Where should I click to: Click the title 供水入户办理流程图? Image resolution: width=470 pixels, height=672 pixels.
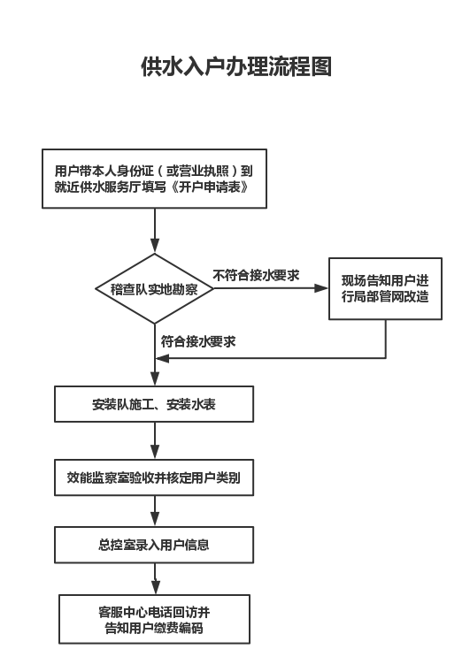pos(236,66)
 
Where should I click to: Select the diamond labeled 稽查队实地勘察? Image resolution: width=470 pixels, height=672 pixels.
pos(155,288)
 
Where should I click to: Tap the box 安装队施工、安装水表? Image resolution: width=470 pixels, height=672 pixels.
pos(154,404)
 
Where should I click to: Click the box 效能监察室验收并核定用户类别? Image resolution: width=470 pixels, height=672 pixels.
pos(154,477)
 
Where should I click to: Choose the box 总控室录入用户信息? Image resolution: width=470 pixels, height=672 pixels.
pos(154,545)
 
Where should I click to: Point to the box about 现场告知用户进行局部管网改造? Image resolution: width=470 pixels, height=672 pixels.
pos(385,288)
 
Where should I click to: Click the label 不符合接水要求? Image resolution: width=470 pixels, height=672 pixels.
pos(256,275)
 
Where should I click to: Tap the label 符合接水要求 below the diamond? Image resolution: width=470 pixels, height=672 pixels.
pos(198,341)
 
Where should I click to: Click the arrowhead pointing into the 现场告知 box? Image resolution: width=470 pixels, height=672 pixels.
pos(321,288)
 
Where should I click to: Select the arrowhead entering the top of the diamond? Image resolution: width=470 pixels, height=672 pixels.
pos(155,246)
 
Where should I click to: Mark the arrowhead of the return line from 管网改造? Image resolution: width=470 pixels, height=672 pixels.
pos(163,358)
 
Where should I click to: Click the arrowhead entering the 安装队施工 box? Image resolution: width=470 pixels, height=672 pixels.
pos(155,378)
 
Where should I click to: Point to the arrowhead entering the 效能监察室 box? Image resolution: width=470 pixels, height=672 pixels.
pos(155,452)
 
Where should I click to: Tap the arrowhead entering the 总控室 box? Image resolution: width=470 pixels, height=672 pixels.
pos(155,519)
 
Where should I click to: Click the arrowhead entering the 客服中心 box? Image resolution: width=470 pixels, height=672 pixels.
pos(155,587)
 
